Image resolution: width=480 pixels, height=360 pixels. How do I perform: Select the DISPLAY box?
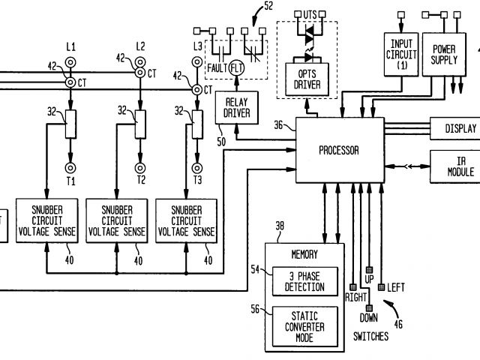point(455,128)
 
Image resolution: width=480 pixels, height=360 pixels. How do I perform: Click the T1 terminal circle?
point(72,168)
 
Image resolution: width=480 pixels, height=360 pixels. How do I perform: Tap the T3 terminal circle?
point(198,168)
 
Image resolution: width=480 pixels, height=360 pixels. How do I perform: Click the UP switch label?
point(368,279)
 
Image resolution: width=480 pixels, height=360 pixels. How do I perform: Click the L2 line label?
point(140,46)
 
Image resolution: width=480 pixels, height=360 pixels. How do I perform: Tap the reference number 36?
point(280,124)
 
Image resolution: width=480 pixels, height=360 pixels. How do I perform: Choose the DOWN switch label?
point(368,317)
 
